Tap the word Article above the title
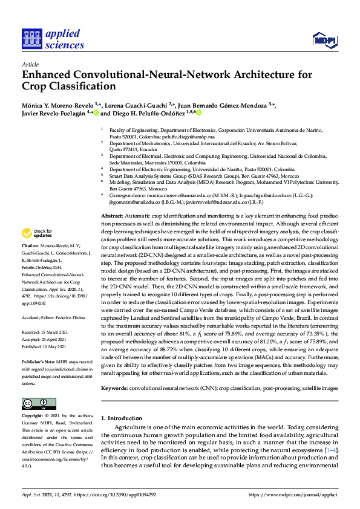tap(30, 63)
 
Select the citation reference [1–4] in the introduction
tap(331, 450)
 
